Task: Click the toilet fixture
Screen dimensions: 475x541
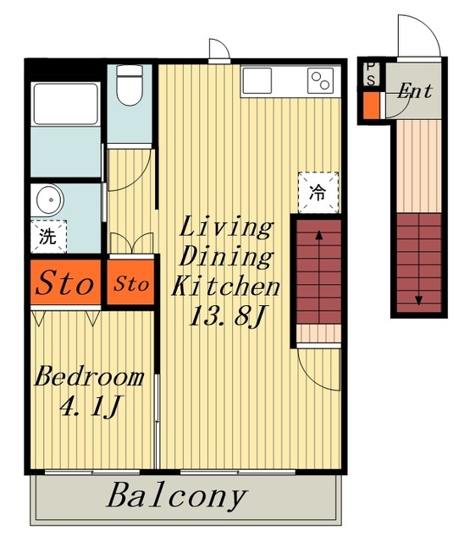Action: tap(130, 85)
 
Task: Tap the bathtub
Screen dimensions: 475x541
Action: tap(65, 103)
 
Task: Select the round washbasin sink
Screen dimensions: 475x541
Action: tap(51, 199)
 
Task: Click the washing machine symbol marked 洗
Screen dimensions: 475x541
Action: tap(48, 237)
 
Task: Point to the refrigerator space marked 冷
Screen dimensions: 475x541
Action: tap(318, 193)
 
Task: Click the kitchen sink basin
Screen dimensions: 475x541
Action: tap(257, 81)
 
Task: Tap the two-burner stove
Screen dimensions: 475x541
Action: tap(320, 81)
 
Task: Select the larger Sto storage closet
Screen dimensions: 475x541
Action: tap(66, 282)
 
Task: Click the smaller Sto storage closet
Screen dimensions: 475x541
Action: tap(130, 282)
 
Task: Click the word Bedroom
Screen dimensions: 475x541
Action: tap(89, 376)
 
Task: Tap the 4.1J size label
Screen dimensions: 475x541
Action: tap(91, 407)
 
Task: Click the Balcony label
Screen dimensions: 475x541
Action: tap(177, 496)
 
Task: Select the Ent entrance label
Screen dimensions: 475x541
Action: tap(415, 91)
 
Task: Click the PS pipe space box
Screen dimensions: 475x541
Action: tap(372, 74)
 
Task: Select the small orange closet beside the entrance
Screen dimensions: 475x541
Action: tap(372, 105)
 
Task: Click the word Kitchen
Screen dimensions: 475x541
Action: tap(225, 287)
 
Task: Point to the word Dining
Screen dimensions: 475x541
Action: tap(226, 257)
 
